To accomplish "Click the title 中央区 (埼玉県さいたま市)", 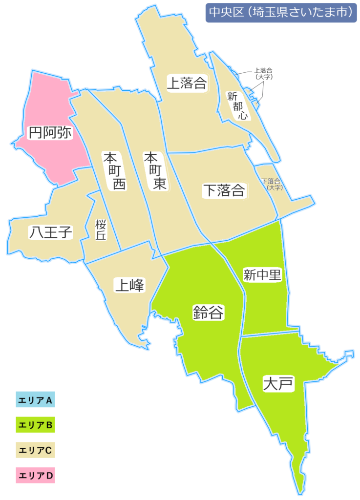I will coord(279,13).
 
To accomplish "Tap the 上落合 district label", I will coord(187,83).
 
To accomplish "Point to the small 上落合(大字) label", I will coord(264,74).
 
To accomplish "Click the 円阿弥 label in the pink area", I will coord(50,132).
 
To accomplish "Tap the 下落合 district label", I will coord(224,190).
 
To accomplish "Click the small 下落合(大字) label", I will coord(272,184).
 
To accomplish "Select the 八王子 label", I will coord(51,233).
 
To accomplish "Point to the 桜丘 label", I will coord(101,230).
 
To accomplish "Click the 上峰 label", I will coord(130,285).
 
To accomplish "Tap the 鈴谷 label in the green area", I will coord(208,312).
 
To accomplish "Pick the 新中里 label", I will coord(263,275).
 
